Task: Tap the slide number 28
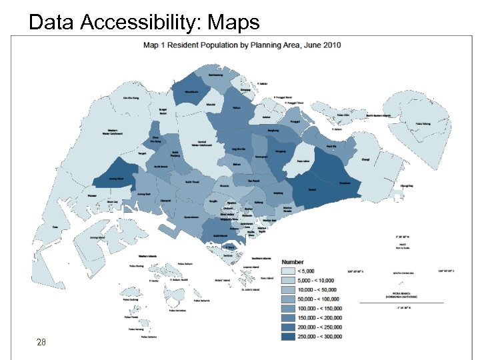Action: [x=41, y=342]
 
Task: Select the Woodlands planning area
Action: [x=191, y=90]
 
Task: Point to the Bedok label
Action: [x=313, y=189]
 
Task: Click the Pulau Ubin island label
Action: [x=344, y=115]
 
